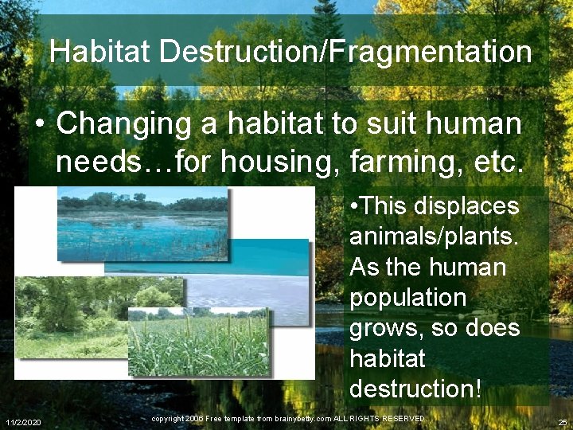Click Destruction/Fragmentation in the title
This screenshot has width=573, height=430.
click(x=345, y=53)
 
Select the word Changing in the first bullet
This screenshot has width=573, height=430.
click(x=123, y=124)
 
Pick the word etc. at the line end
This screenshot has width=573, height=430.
click(x=499, y=162)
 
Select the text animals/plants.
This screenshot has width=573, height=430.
click(x=434, y=237)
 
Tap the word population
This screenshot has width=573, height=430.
click(x=407, y=298)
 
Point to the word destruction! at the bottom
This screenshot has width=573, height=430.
click(x=415, y=389)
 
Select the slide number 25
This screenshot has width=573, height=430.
click(x=563, y=420)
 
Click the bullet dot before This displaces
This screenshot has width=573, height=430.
click(x=353, y=207)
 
